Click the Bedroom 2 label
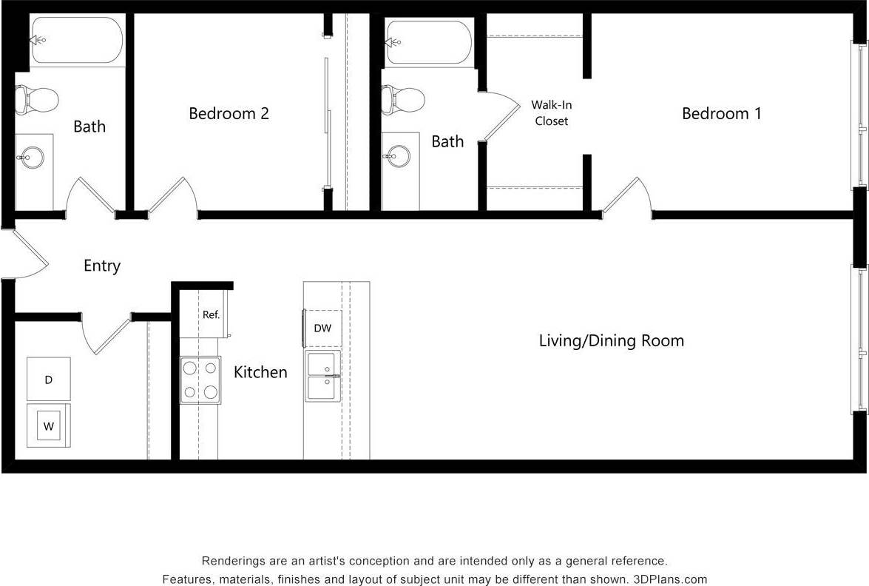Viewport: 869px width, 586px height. coord(229,113)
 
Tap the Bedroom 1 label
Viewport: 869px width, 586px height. coord(721,113)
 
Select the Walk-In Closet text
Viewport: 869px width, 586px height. coord(551,113)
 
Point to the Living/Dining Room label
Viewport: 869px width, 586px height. coord(611,340)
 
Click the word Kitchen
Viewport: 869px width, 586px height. coord(260,371)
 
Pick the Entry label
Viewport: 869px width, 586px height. coord(101,266)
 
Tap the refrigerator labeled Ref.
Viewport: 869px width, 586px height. coord(211,314)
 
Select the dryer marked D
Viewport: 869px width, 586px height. coord(49,380)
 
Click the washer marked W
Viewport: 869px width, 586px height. coord(49,425)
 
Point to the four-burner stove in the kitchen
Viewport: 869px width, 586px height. coord(200,380)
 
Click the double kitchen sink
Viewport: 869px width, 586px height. coord(323,377)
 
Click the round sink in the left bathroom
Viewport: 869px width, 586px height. coord(33,158)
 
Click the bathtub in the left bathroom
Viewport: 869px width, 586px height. coord(75,40)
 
